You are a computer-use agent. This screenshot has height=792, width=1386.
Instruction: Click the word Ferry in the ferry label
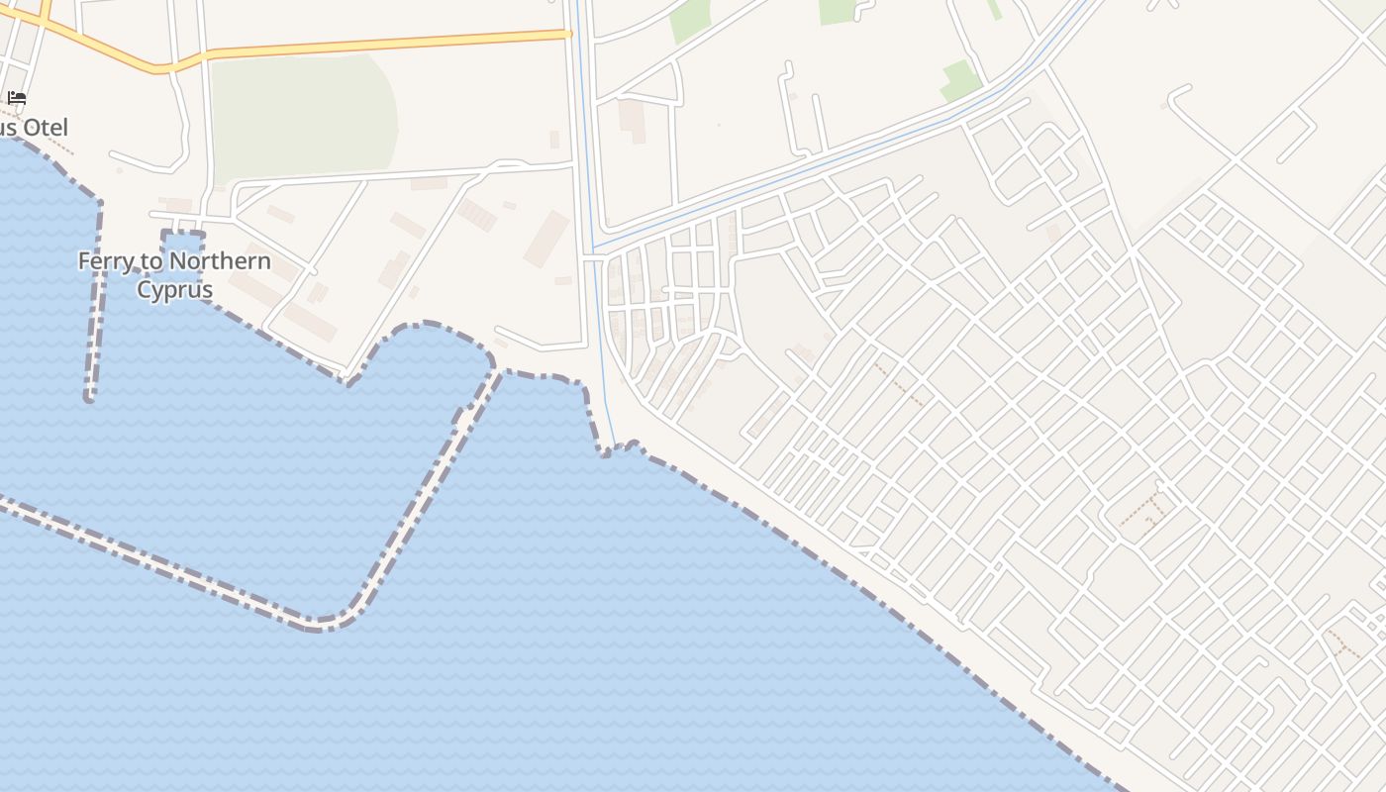(x=104, y=261)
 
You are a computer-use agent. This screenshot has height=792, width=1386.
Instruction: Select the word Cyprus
(x=174, y=290)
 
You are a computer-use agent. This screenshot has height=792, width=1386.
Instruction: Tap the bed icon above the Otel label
(x=17, y=98)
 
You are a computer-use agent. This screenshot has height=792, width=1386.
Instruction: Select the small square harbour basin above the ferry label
(x=183, y=245)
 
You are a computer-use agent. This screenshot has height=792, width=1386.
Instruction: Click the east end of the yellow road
(x=568, y=35)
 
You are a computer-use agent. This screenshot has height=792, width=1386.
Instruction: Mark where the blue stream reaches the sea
(x=613, y=447)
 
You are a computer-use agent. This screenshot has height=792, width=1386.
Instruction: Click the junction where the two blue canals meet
(x=593, y=247)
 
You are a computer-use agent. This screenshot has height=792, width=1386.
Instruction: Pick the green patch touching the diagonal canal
(x=959, y=81)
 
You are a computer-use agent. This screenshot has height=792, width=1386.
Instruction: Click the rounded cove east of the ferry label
(x=426, y=346)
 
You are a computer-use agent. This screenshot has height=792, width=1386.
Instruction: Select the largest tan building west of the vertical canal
(x=545, y=239)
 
